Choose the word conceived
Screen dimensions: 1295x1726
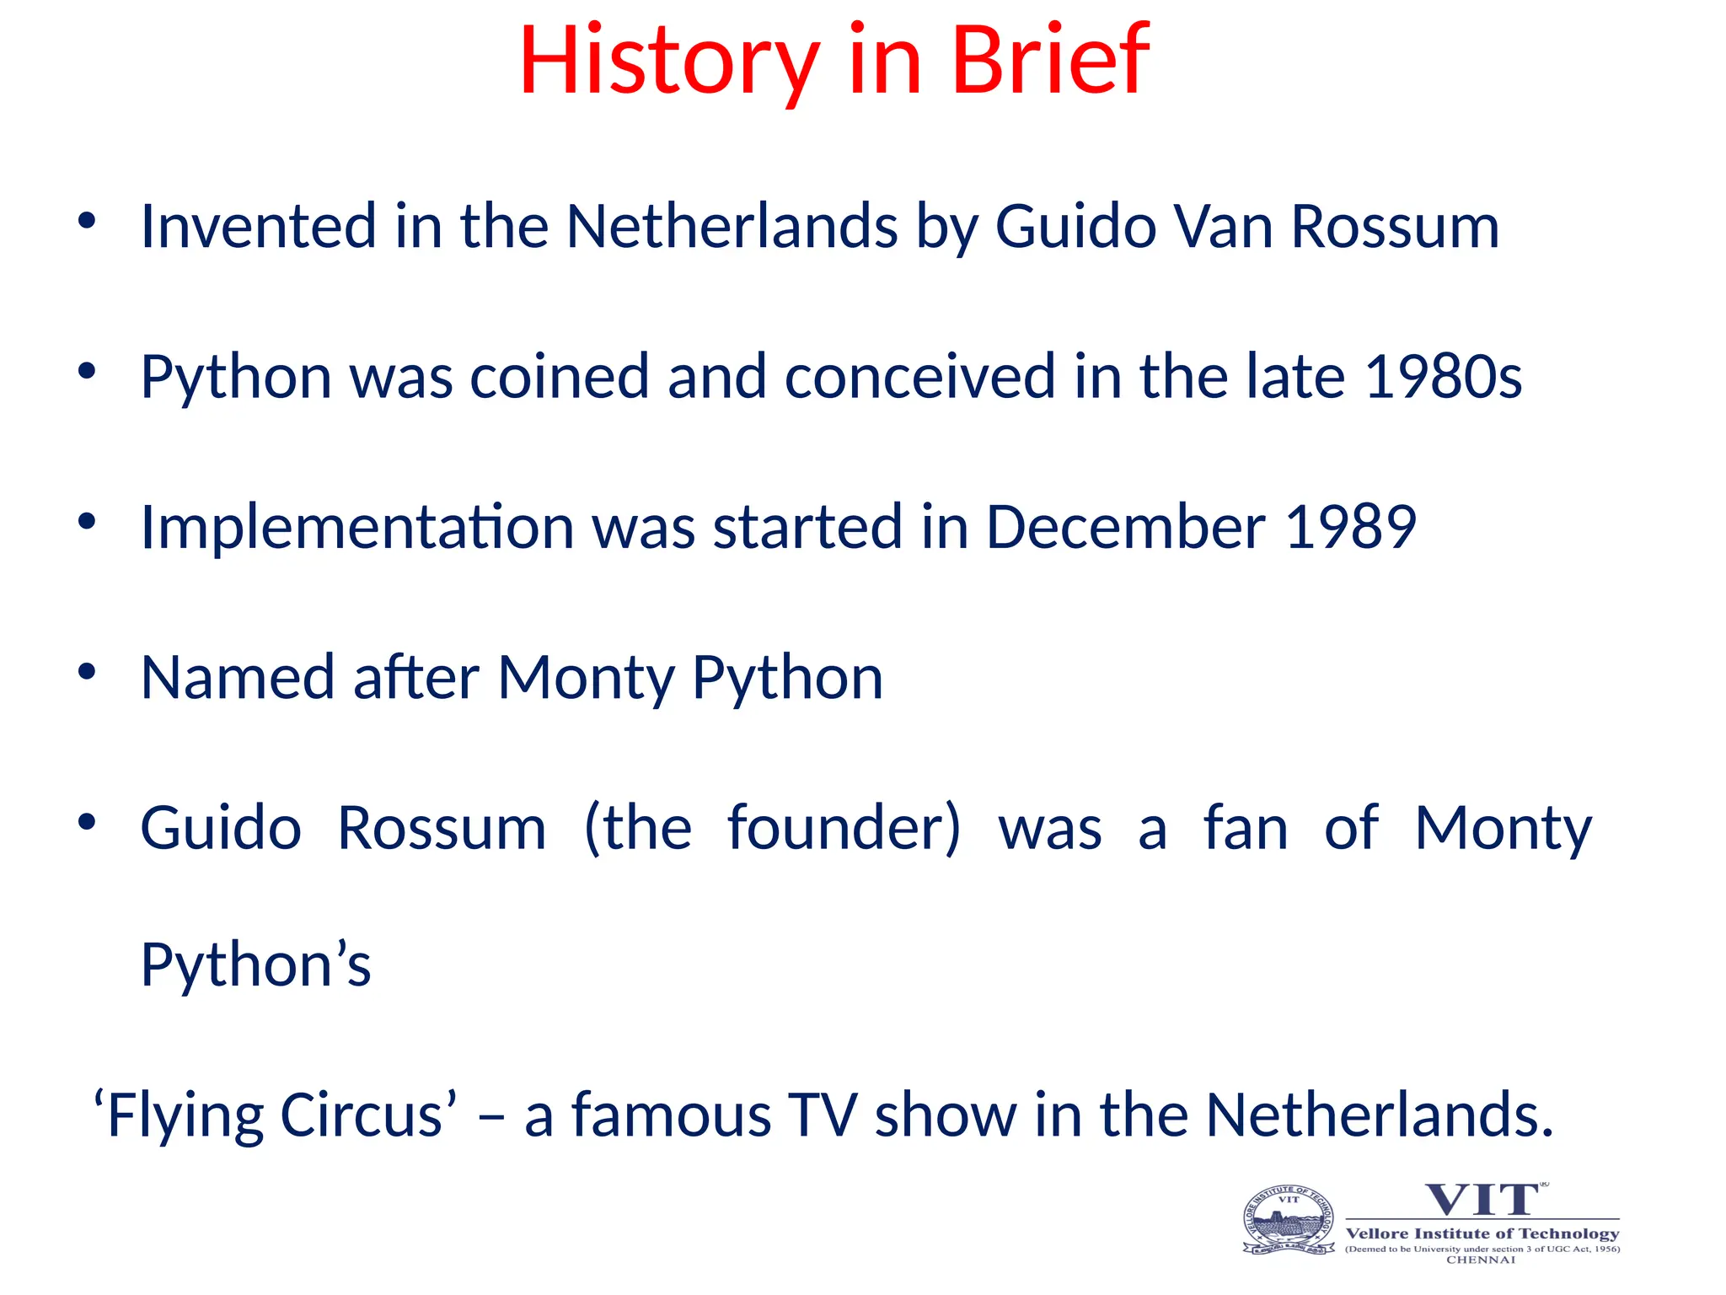pyautogui.click(x=919, y=376)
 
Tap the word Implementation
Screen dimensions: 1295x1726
pyautogui.click(x=357, y=528)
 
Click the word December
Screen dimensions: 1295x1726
pyautogui.click(x=1125, y=527)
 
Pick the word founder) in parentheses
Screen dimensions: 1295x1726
pyautogui.click(x=844, y=828)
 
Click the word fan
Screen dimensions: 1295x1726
pyautogui.click(x=1246, y=828)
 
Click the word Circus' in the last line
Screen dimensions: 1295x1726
pyautogui.click(x=368, y=1115)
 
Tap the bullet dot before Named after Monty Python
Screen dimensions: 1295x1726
pyautogui.click(x=87, y=672)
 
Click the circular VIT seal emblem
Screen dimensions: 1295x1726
pyautogui.click(x=1289, y=1220)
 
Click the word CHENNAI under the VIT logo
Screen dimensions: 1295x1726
pyautogui.click(x=1481, y=1260)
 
